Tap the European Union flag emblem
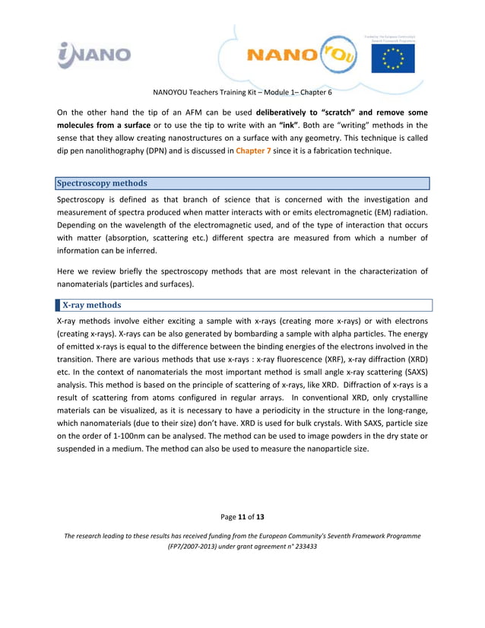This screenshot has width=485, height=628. click(393, 57)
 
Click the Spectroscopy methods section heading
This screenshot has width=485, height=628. click(103, 183)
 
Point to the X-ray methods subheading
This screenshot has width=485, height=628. click(91, 305)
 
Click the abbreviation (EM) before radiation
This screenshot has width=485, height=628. click(369, 211)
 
